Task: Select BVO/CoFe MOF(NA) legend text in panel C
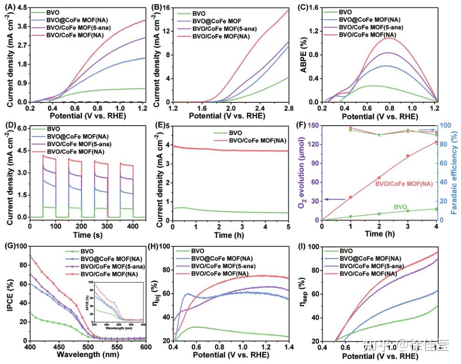pyautogui.click(x=368, y=34)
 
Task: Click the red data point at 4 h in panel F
pyautogui.click(x=436, y=142)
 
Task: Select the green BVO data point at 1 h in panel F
pyautogui.click(x=350, y=216)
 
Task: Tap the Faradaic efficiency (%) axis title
pyautogui.click(x=455, y=173)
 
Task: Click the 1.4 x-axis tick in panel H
pyautogui.click(x=288, y=348)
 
